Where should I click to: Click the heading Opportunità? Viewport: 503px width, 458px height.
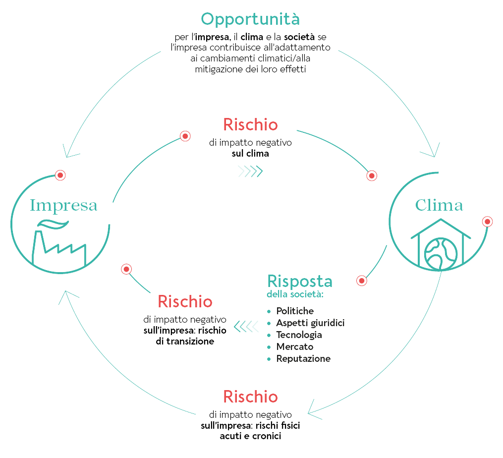point(250,19)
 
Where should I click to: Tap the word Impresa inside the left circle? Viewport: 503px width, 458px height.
point(63,205)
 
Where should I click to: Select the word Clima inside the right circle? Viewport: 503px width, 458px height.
point(439,205)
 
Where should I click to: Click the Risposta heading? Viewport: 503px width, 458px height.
point(300,281)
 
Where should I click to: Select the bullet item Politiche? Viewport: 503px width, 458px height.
point(295,311)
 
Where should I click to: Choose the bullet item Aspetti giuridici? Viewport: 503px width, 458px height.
point(310,323)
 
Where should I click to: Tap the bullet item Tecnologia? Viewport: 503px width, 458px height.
point(299,335)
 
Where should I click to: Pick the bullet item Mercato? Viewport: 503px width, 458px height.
point(295,346)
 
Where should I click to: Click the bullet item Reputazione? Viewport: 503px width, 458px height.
point(303,358)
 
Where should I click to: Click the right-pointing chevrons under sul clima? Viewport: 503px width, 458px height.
point(250,172)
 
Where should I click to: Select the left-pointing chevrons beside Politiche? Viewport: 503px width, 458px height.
point(246,326)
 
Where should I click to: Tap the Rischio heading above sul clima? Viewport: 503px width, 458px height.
point(250,124)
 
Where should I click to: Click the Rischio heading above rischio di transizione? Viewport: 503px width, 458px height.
point(185,301)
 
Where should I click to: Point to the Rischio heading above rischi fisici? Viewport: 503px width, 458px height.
point(250,397)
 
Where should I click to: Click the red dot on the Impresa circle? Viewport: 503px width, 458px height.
point(60,175)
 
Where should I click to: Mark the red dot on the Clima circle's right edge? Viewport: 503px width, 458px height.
point(488,222)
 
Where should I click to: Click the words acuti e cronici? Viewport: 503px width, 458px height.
point(250,436)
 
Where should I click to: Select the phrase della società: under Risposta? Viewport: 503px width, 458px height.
point(295,295)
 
